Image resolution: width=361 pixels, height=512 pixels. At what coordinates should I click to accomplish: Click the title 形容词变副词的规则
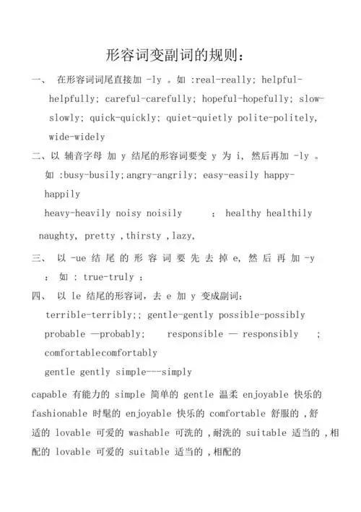click(x=180, y=55)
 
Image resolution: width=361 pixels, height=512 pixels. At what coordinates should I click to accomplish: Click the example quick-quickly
click(x=122, y=116)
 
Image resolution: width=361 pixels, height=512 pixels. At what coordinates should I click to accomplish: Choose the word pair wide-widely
click(x=77, y=136)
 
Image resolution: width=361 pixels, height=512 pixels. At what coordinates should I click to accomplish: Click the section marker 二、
click(x=38, y=155)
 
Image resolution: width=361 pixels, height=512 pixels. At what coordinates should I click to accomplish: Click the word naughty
click(x=58, y=236)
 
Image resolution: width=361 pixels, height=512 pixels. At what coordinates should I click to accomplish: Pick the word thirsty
click(x=147, y=236)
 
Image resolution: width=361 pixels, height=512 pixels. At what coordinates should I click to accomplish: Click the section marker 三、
click(x=38, y=258)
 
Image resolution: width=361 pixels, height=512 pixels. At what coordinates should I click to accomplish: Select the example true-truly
click(x=108, y=277)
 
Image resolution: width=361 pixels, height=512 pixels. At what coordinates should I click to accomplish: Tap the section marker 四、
click(x=38, y=296)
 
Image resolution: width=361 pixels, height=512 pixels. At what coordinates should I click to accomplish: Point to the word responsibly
click(x=270, y=334)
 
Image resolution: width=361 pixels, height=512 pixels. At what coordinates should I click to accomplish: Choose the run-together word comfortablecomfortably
click(x=100, y=353)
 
